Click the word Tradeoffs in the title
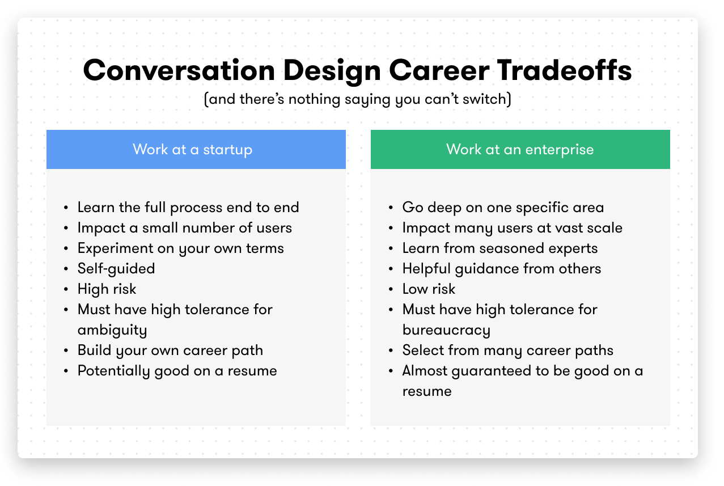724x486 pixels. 564,70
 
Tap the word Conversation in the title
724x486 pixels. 179,70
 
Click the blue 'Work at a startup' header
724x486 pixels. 196,149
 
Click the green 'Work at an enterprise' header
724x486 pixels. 520,149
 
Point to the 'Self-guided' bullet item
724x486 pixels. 116,269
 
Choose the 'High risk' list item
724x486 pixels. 107,289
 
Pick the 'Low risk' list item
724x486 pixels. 429,289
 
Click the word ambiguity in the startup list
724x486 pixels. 112,330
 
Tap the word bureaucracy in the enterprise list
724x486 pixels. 446,330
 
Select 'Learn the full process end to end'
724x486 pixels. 188,208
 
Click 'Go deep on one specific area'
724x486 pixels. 503,208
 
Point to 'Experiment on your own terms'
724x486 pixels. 181,248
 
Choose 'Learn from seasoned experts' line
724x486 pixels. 500,248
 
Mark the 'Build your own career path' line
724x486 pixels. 170,350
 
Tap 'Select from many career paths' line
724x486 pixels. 508,350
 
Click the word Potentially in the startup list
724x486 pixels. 114,371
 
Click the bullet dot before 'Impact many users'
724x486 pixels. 391,229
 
